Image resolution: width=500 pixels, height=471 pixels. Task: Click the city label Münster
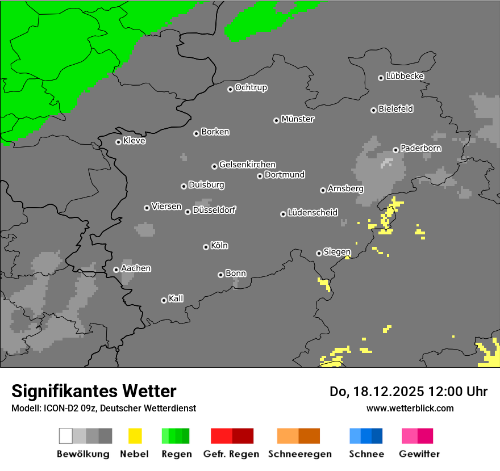point(298,119)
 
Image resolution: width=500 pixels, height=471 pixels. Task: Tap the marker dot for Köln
point(206,247)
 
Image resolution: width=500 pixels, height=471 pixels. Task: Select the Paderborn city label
point(420,148)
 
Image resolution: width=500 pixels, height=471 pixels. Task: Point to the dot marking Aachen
point(116,270)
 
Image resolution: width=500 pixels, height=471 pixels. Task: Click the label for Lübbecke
point(405,76)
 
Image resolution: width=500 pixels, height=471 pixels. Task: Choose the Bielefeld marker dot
point(373,110)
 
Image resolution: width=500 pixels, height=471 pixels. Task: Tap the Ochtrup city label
point(251,87)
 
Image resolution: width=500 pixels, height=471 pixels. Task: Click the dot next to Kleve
point(118,142)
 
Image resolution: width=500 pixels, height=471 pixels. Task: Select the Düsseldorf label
point(214,210)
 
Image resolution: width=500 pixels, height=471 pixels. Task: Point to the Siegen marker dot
point(319,253)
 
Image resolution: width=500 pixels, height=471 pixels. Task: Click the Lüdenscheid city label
point(312,212)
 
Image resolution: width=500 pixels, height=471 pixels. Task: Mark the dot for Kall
point(164,300)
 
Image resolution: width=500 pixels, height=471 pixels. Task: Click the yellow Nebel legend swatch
point(135,436)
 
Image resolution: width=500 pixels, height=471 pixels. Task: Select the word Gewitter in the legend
point(419,454)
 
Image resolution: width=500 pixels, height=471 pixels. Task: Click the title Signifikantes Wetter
point(94,391)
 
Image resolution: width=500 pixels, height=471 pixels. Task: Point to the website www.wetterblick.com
point(410,408)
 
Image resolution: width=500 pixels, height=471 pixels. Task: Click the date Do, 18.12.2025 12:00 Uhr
point(409,392)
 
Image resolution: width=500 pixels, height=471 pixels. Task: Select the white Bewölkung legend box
point(66,436)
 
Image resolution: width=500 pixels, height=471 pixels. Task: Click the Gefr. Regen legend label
point(231,454)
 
